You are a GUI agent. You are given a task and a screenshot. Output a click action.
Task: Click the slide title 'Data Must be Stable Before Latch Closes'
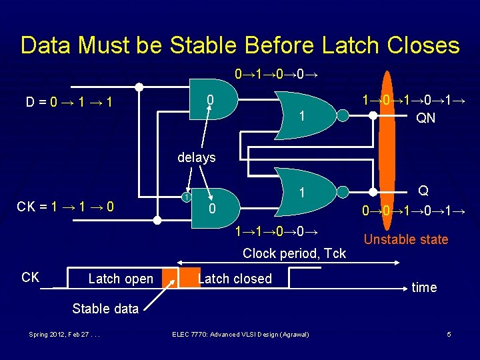(240, 45)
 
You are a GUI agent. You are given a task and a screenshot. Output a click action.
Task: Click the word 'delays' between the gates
(197, 157)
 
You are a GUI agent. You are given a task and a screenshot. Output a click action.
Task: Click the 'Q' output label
(423, 191)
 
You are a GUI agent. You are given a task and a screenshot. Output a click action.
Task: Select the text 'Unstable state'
(406, 239)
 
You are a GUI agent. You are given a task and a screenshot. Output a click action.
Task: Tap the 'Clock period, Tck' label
(294, 253)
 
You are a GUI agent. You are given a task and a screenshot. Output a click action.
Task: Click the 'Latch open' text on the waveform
(121, 279)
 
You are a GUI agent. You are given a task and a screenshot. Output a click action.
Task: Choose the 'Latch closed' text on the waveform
(235, 279)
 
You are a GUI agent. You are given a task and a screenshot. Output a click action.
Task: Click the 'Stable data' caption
(105, 308)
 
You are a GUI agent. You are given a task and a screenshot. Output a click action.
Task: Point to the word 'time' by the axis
(424, 287)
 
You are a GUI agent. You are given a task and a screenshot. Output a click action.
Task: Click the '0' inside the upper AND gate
(210, 101)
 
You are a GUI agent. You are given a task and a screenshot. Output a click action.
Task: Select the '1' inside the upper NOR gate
(302, 117)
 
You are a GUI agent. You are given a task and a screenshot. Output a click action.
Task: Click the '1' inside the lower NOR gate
(302, 193)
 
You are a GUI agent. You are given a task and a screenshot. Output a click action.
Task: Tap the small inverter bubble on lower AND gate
(188, 197)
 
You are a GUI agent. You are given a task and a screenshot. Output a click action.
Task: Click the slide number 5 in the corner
(449, 334)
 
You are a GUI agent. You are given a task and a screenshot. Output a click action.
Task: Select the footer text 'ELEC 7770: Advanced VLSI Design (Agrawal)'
(240, 334)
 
